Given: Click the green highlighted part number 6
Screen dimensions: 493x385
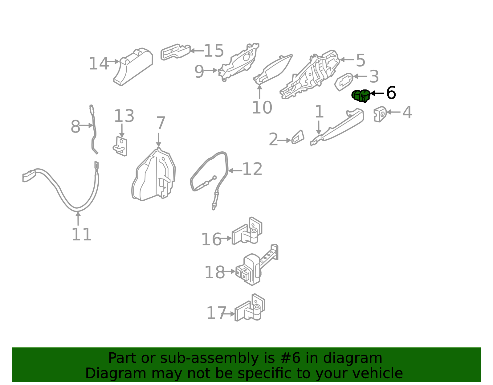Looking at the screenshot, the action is (x=361, y=96).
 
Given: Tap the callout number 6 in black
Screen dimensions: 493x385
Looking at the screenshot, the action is (x=391, y=93).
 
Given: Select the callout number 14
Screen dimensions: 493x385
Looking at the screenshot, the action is (x=99, y=63).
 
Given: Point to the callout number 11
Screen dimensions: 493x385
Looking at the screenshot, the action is (x=81, y=234).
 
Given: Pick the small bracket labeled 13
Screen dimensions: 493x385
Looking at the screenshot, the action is (x=120, y=146).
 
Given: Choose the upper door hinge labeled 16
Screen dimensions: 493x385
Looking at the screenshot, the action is (x=247, y=231).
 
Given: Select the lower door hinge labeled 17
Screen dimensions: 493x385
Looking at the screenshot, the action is (x=250, y=307).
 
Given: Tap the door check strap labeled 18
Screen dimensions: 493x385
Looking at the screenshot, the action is (x=257, y=265).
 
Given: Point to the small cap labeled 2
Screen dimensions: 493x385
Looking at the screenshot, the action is (x=298, y=137).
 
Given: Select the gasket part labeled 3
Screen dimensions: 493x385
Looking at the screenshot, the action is (x=344, y=82).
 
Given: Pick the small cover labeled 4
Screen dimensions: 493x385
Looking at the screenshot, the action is (x=380, y=114).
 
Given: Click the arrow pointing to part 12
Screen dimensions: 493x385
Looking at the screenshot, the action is (x=235, y=170).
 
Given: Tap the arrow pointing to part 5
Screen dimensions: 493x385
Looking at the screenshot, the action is (x=347, y=60).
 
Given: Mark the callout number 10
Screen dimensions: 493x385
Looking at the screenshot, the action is (x=262, y=108).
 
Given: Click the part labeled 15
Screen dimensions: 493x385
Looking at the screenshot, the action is (x=175, y=52).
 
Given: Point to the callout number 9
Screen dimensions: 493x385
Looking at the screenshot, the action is (x=199, y=72).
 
